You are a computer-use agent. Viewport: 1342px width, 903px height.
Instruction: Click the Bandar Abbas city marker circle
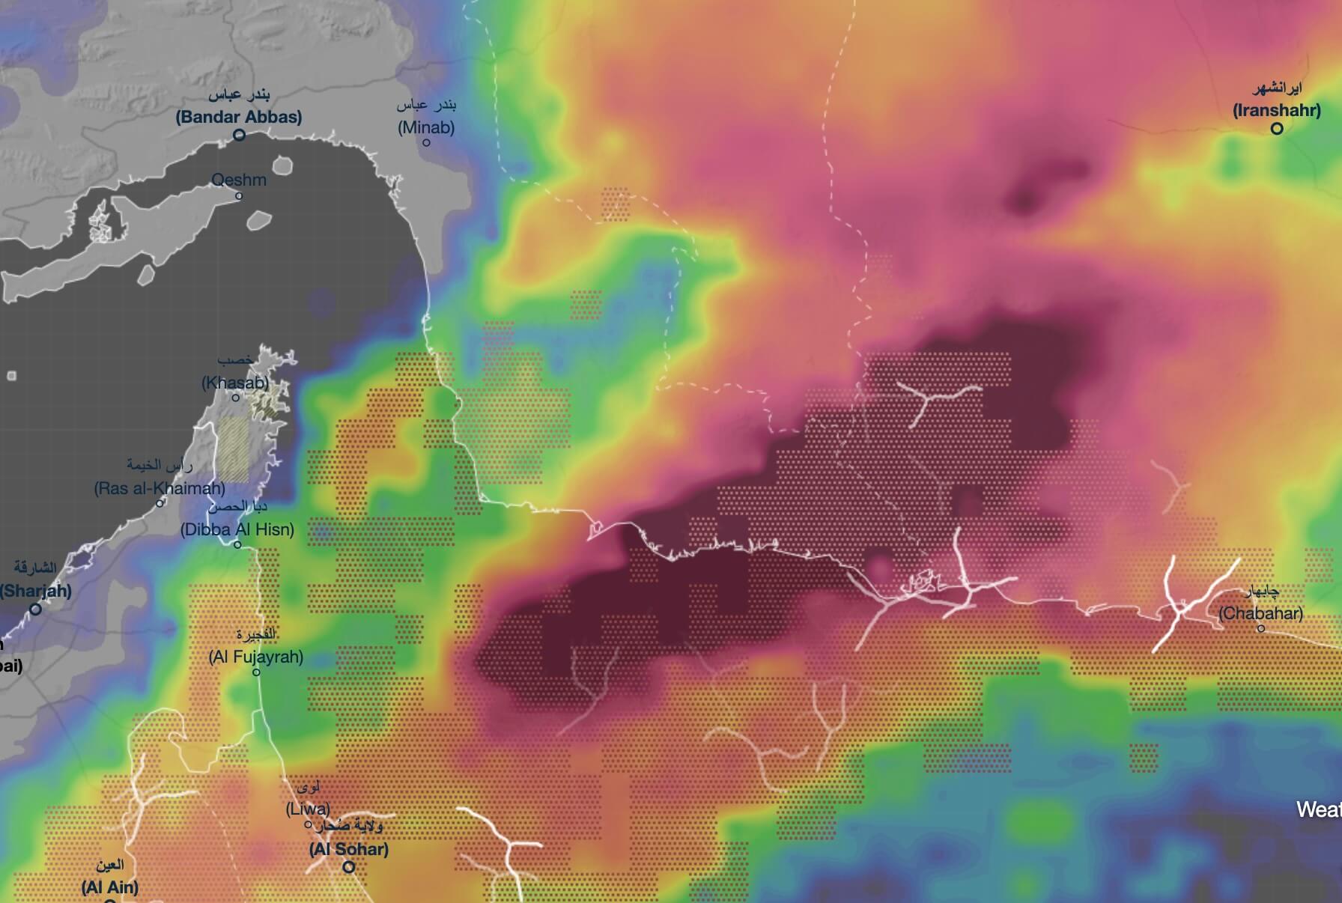[x=240, y=136]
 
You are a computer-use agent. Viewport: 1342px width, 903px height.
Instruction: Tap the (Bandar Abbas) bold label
[x=239, y=117]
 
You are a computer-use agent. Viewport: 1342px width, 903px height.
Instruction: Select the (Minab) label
[x=426, y=127]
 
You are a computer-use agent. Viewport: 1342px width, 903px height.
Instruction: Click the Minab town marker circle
[x=427, y=142]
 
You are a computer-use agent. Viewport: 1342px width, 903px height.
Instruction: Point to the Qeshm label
[x=239, y=180]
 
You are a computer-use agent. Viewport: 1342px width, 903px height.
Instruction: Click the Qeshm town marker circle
[x=239, y=196]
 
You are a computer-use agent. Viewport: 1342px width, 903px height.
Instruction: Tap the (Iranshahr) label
[x=1277, y=111]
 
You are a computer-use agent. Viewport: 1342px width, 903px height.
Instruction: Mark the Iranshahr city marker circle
[x=1277, y=128]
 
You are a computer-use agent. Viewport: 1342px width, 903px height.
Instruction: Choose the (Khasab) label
[x=235, y=383]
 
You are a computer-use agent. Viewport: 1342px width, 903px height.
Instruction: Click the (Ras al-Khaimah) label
[x=160, y=488]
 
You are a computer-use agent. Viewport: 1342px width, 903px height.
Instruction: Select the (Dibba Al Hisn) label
[x=237, y=529]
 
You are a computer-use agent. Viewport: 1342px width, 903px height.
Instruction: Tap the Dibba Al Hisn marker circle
[x=237, y=545]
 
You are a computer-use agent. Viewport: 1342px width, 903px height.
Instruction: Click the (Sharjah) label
[x=36, y=591]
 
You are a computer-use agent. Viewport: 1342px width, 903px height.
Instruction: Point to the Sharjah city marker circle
[x=35, y=609]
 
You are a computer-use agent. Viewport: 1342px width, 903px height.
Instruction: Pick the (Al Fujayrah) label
[x=256, y=657]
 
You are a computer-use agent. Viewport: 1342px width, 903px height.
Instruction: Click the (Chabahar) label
[x=1260, y=613]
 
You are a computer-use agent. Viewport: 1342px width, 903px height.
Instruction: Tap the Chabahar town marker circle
[x=1261, y=629]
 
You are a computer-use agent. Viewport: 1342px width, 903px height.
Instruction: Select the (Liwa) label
[x=308, y=809]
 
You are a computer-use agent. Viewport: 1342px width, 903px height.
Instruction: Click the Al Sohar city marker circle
[x=349, y=868]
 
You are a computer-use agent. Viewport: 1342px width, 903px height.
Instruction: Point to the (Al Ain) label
[x=110, y=888]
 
